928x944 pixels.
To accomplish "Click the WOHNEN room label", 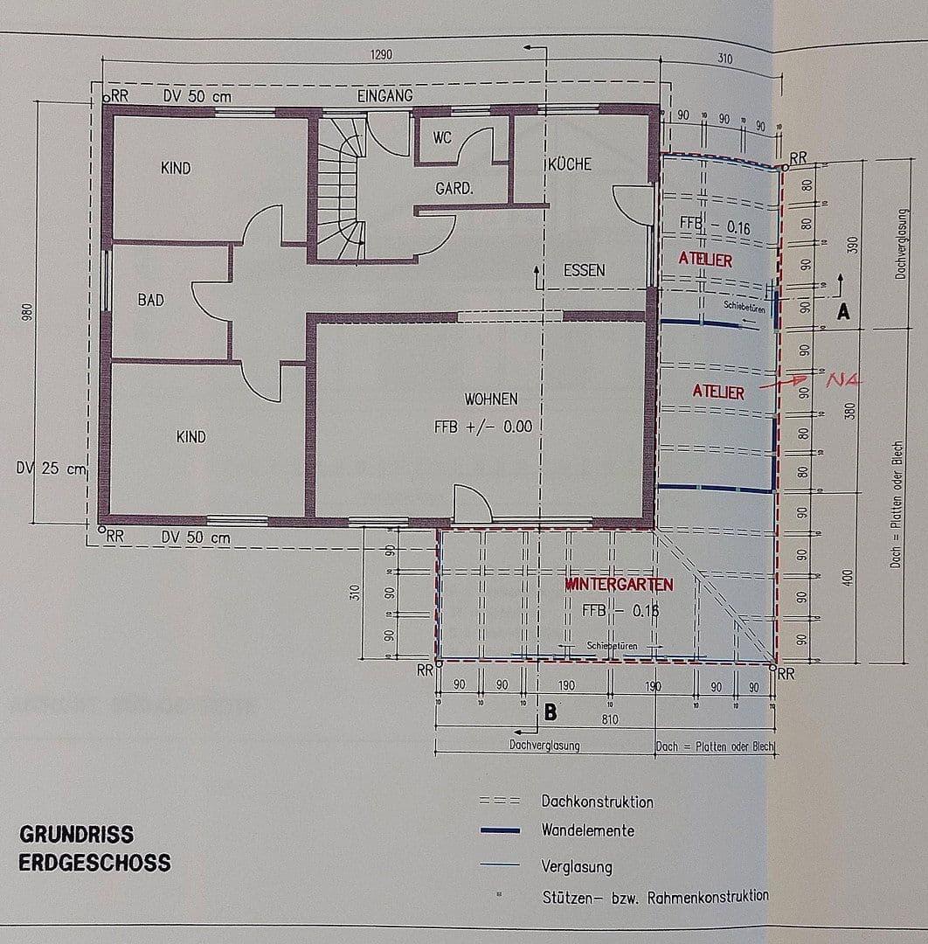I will click(491, 399).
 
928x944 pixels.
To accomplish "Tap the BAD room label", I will click(150, 300).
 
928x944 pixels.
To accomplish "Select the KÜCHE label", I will click(570, 164).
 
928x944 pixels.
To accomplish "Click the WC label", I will click(442, 139).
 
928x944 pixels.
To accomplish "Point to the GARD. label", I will click(454, 188).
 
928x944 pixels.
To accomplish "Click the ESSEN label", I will click(584, 270).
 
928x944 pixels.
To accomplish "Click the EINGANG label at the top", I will click(384, 95).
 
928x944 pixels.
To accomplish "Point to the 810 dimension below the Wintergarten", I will click(610, 719).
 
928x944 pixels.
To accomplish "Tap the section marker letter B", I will click(551, 712).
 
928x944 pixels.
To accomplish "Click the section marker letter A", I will click(843, 312).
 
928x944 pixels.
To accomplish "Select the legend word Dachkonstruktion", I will click(597, 802).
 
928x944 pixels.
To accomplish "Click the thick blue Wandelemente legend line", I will click(500, 830).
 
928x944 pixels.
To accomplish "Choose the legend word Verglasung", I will click(577, 867).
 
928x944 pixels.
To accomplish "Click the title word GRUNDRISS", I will click(77, 834).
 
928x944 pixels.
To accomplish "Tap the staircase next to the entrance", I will click(338, 188).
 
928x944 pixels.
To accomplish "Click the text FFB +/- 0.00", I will click(482, 427).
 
